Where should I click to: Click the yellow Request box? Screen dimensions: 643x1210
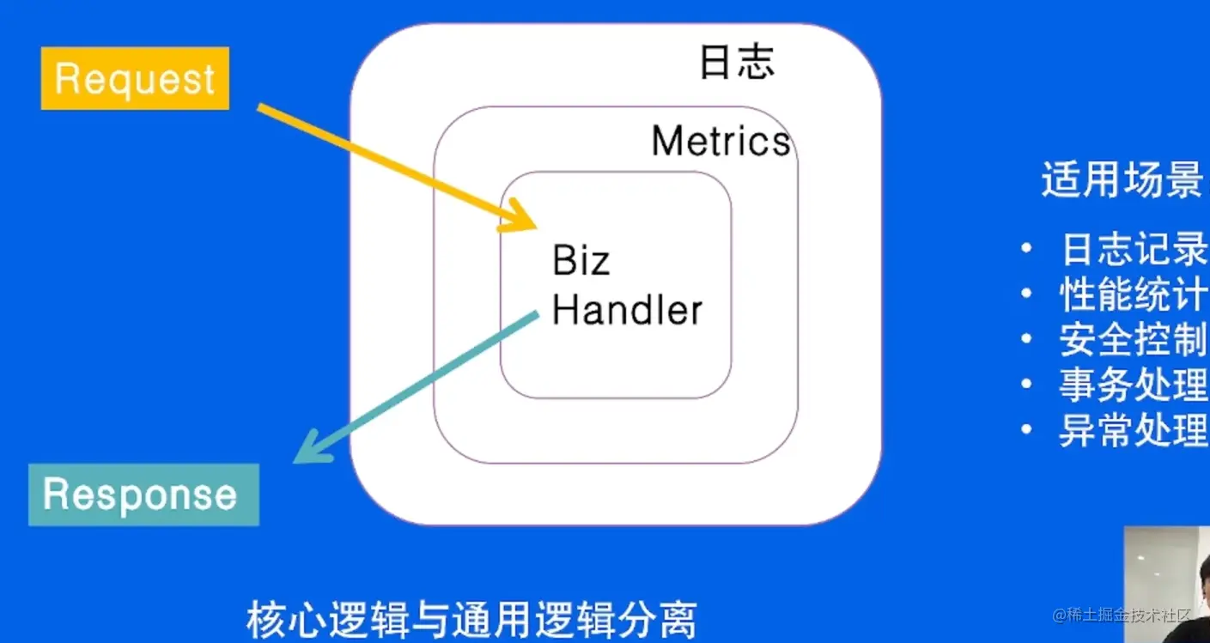[x=135, y=79]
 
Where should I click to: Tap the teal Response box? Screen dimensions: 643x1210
[x=143, y=494]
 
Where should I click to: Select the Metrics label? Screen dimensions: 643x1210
[x=720, y=141]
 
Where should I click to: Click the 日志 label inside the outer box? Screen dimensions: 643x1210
[x=737, y=63]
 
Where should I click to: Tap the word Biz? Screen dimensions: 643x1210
[x=581, y=261]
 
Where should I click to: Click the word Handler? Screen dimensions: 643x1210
[x=627, y=310]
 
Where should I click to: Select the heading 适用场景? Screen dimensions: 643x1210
[x=1122, y=181]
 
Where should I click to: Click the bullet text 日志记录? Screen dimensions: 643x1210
[x=1134, y=250]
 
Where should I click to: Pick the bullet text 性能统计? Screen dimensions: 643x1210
[x=1134, y=295]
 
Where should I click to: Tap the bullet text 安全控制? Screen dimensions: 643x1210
[x=1134, y=341]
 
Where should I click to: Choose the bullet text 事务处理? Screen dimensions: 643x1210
[x=1134, y=386]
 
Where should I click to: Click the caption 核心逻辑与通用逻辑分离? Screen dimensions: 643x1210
[x=471, y=618]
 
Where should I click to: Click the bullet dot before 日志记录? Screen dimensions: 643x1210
[x=1026, y=250]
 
